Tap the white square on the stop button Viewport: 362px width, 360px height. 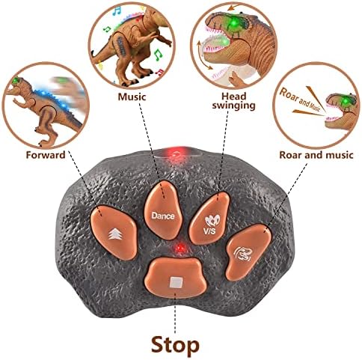click(x=176, y=283)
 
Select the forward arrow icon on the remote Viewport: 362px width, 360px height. click(x=115, y=234)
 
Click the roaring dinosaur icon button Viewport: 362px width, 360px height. click(x=248, y=252)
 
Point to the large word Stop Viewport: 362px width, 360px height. click(x=175, y=344)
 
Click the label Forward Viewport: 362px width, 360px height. click(x=46, y=155)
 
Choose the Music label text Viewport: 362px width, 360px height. click(x=132, y=97)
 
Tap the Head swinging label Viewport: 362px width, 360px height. click(x=234, y=101)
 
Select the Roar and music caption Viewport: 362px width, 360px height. click(x=316, y=155)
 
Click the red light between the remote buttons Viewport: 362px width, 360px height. click(x=180, y=248)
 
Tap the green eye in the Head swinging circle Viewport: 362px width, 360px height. click(x=233, y=23)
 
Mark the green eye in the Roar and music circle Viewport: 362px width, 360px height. click(x=346, y=101)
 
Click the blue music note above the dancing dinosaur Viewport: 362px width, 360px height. click(x=117, y=10)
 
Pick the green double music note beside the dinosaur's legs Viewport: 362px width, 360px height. click(x=158, y=55)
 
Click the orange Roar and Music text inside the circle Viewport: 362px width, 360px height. click(x=300, y=100)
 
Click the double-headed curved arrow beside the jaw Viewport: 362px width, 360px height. click(x=203, y=55)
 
